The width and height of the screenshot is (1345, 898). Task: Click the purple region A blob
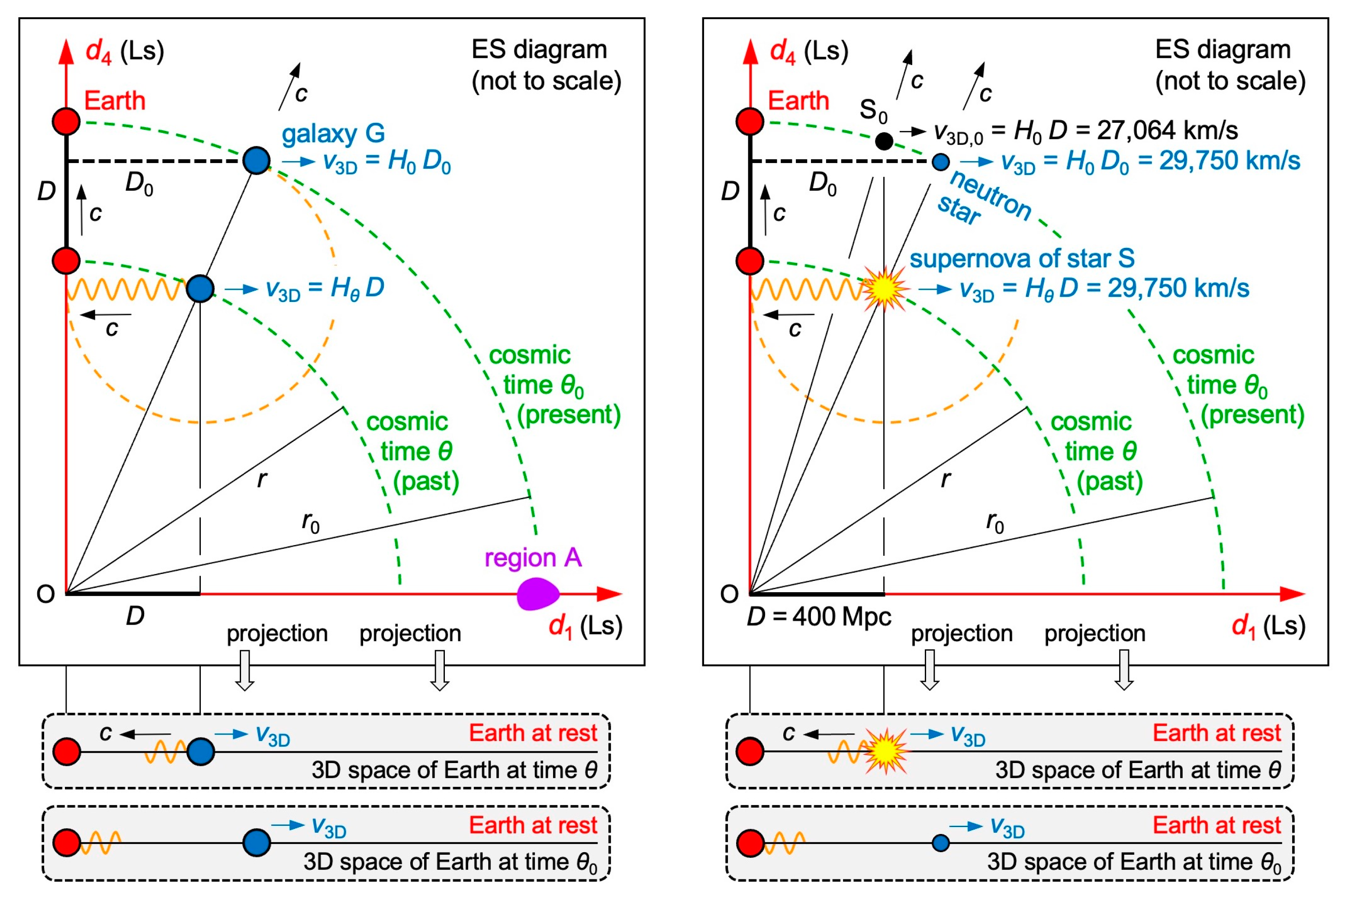coord(537,594)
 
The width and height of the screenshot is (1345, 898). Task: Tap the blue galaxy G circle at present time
coord(256,160)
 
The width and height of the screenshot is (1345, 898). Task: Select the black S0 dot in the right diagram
coord(884,140)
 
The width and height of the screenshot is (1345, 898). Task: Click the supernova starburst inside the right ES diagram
coord(885,289)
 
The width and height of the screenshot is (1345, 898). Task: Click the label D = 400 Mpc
coord(819,617)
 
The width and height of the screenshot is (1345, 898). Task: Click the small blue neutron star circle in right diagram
coord(940,161)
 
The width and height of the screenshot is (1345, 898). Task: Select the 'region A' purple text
coord(533,557)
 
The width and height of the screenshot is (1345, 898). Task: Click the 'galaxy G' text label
coord(333,133)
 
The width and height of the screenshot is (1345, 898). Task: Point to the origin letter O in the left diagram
coord(45,594)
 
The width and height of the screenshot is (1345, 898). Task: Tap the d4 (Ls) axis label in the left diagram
coord(125,51)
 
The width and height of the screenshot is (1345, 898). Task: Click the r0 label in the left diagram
coord(310,522)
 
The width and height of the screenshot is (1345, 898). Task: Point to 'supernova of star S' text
coord(1021,258)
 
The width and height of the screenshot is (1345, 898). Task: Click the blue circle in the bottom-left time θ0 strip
coord(256,843)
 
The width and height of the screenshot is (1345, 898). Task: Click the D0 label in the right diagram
coord(823,184)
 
